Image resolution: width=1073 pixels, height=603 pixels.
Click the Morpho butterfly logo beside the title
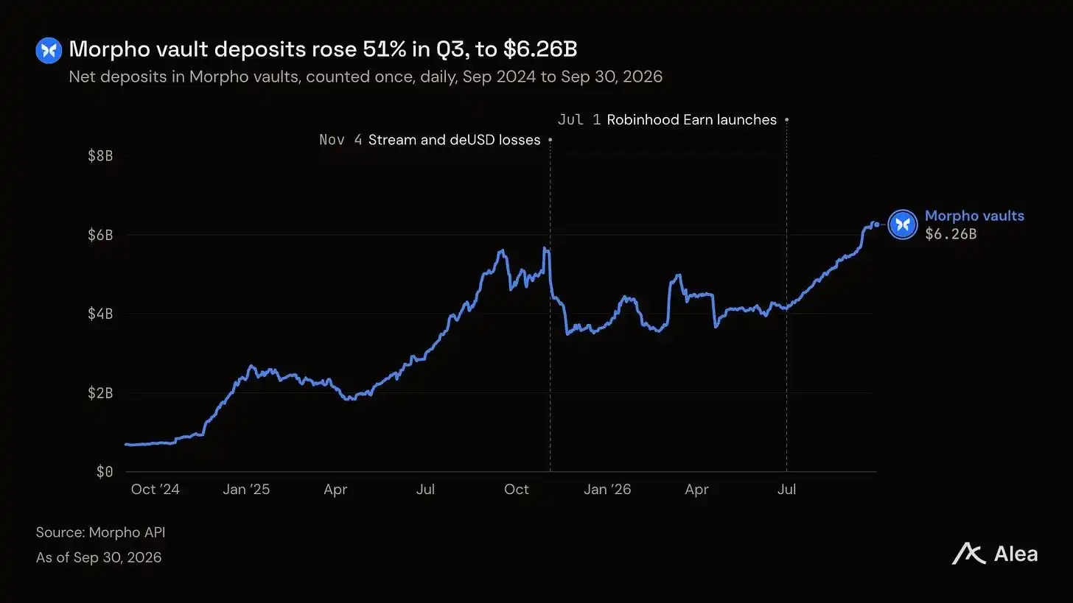tap(49, 50)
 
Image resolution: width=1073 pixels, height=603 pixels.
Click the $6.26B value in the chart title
tap(540, 49)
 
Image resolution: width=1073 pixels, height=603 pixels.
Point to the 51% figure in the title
tap(384, 49)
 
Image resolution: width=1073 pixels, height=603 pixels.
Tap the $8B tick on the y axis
tap(100, 155)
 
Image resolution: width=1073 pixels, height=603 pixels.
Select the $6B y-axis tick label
tap(100, 235)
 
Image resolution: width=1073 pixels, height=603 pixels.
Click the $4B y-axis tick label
tap(100, 314)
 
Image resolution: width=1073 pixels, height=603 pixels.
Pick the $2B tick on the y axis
tap(100, 393)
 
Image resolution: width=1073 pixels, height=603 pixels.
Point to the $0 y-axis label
tap(105, 472)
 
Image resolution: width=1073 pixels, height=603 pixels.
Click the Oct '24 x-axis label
tap(155, 489)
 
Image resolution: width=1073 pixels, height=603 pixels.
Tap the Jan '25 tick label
tap(246, 489)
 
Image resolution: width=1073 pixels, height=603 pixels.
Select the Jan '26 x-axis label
tap(607, 489)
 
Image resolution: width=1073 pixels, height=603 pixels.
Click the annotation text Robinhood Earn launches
tap(692, 119)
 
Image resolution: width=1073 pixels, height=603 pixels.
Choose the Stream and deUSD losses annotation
tap(454, 140)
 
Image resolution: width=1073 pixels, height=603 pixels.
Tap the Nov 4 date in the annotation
tap(340, 140)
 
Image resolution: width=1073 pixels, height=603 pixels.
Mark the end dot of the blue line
tap(877, 225)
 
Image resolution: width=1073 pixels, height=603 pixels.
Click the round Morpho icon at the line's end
tap(903, 225)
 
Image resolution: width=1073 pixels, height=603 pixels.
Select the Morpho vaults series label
tap(974, 216)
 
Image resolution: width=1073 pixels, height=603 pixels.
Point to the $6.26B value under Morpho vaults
tap(951, 234)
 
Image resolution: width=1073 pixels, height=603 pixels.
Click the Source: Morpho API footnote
tap(100, 532)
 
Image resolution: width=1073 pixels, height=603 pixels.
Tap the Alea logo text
tap(1016, 554)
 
